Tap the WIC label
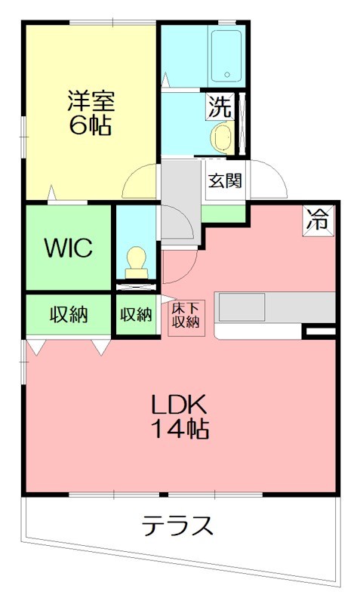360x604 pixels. pos(67,247)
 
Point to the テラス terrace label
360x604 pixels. pos(177,525)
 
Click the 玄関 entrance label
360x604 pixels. pos(226,181)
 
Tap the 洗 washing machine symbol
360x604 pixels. pos(219,106)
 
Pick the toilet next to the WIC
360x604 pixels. pos(137,260)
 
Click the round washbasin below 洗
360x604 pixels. pos(221,137)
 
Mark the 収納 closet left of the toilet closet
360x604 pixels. pos(69,314)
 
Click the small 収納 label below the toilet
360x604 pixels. pos(136,315)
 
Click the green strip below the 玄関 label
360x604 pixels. pos(226,213)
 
